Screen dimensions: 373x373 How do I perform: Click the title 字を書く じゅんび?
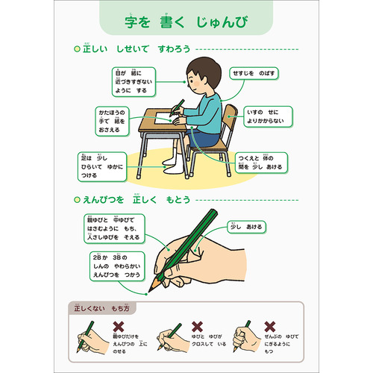[186, 22]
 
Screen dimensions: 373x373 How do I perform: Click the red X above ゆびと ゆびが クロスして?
[198, 327]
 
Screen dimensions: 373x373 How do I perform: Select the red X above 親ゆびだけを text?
[117, 327]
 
